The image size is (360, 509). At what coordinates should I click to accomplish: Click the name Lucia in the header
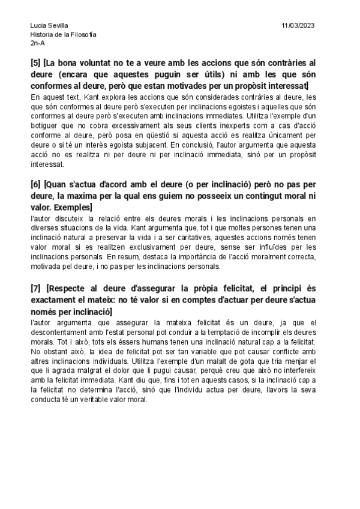pyautogui.click(x=38, y=25)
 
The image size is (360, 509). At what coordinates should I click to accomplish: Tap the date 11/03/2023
pyautogui.click(x=298, y=25)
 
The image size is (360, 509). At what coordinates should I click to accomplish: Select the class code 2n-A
pyautogui.click(x=37, y=43)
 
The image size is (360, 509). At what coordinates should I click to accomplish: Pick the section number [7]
pyautogui.click(x=35, y=289)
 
